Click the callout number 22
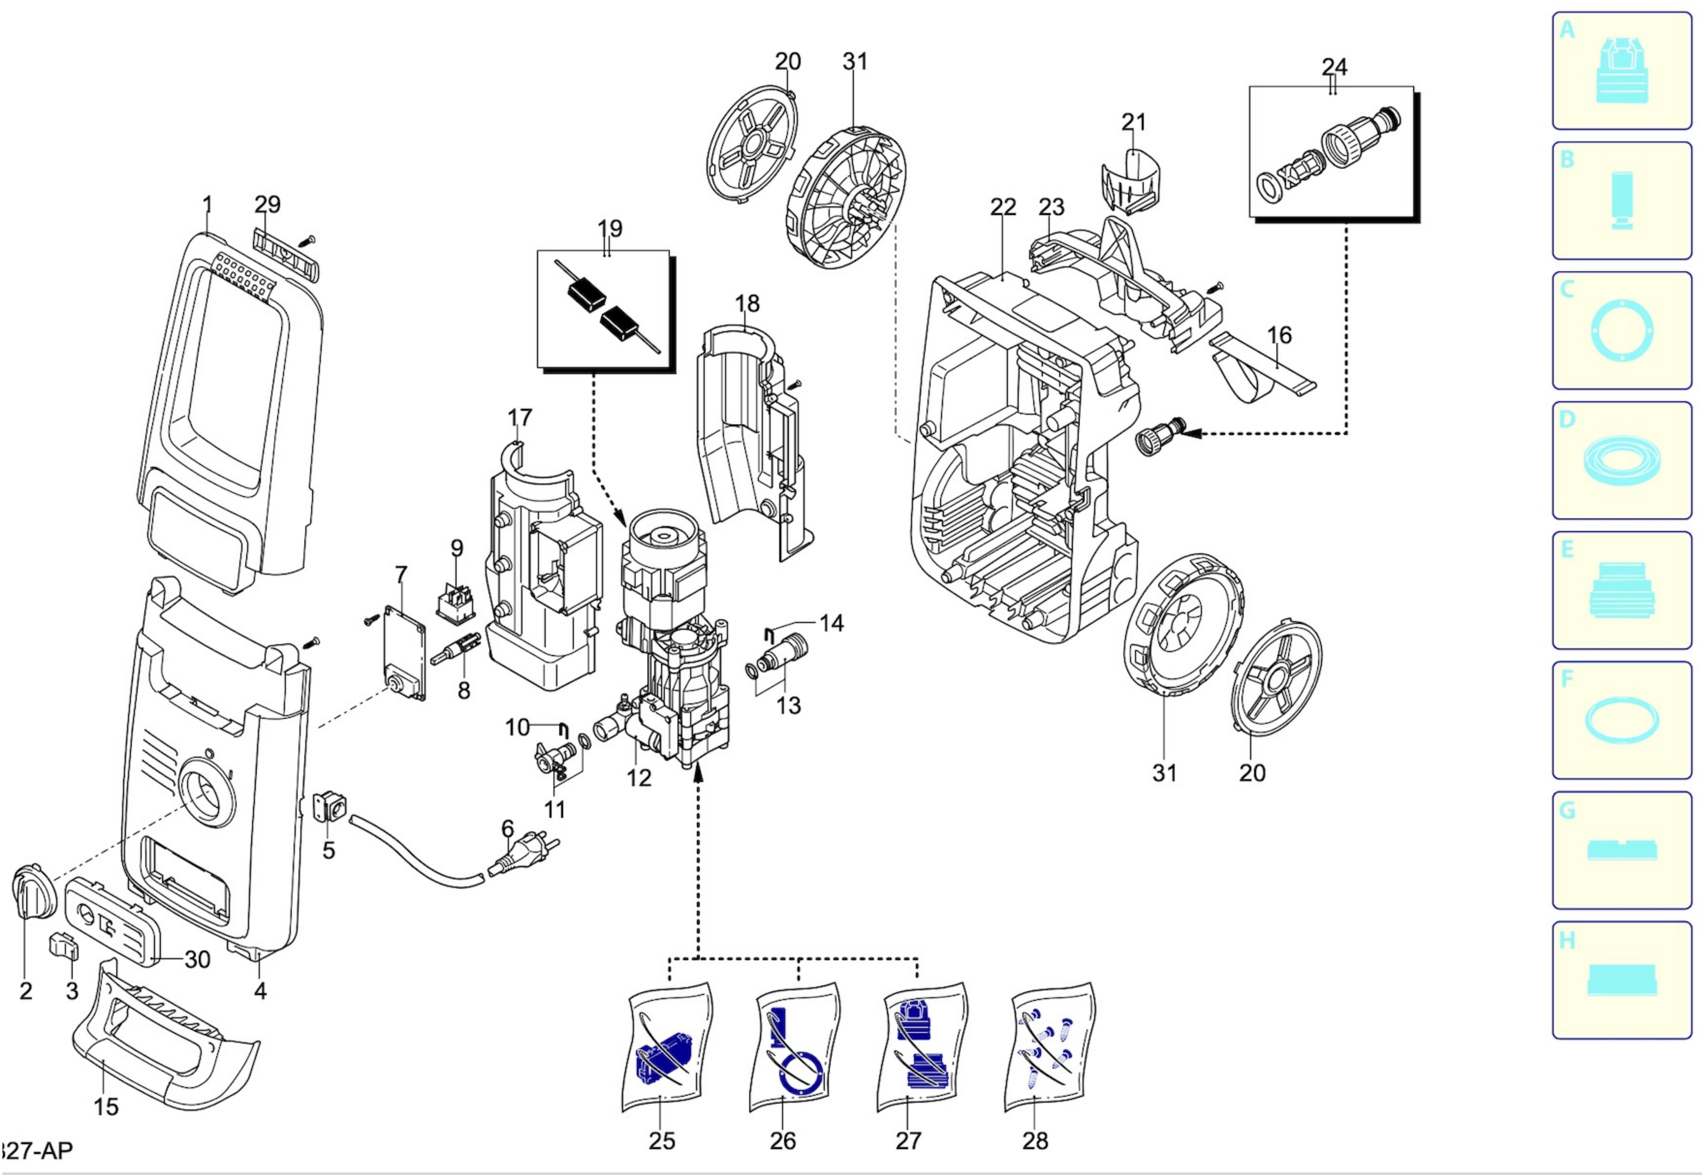(x=1003, y=207)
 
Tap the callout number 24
(x=1334, y=67)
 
